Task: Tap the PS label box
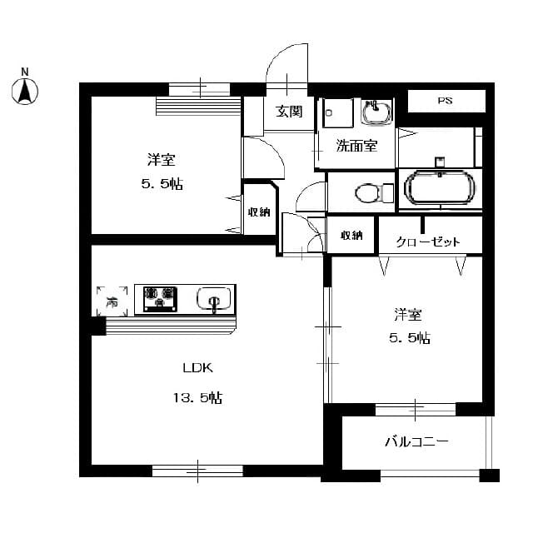446,102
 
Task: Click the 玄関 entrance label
289,111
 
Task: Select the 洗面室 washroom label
356,147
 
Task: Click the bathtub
440,187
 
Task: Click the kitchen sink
215,299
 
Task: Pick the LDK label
198,367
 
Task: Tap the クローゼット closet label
428,242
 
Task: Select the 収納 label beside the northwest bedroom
258,212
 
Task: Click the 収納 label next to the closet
351,235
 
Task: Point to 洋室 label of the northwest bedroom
162,159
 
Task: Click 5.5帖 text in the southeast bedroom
410,338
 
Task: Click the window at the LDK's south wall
197,471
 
